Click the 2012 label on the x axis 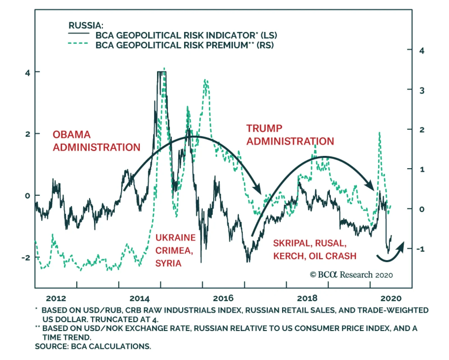(x=56, y=298)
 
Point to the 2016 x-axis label (x=223, y=298)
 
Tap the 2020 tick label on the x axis (x=391, y=298)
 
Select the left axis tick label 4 (x=28, y=73)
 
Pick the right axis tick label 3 (x=422, y=91)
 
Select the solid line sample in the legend (x=79, y=34)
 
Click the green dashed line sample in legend (x=78, y=43)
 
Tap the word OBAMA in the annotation (x=72, y=135)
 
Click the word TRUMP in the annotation (x=264, y=128)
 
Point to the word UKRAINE (x=175, y=238)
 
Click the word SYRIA (x=168, y=263)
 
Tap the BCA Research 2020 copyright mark (x=351, y=275)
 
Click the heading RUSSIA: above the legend (x=86, y=26)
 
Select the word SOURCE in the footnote (x=51, y=347)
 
